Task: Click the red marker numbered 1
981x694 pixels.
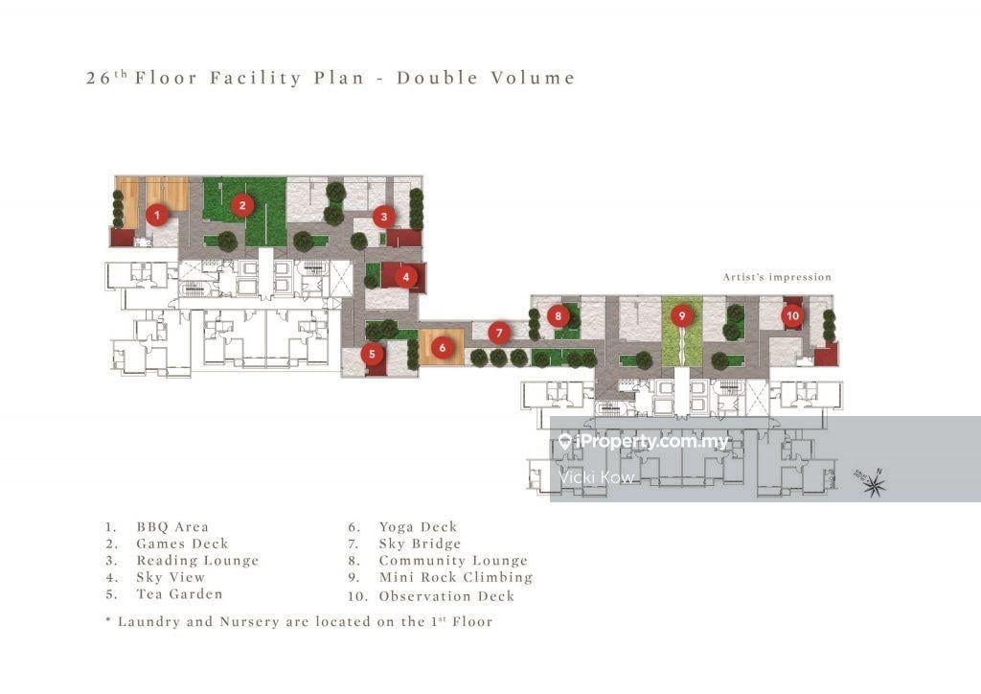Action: coord(157,216)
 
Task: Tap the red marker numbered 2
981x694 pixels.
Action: coord(243,204)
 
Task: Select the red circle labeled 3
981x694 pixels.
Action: coord(383,216)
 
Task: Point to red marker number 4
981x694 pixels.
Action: coord(406,277)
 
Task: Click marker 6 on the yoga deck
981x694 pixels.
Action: coord(442,348)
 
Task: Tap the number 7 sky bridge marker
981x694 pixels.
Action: coord(498,333)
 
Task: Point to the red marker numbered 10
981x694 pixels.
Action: coord(791,314)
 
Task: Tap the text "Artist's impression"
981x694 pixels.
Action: coord(777,277)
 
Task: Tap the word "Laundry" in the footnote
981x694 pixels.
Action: coord(148,621)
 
